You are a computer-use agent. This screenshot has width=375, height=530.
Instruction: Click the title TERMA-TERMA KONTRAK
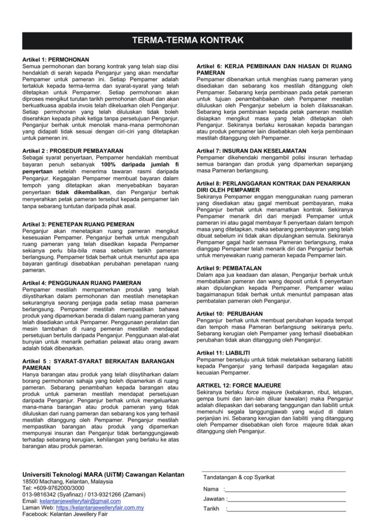tap(187, 40)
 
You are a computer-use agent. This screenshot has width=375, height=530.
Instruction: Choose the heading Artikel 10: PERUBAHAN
tap(230, 314)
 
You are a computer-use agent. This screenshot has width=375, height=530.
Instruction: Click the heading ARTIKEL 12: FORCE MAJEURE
tap(239, 385)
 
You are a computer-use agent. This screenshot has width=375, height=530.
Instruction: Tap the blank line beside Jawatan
tap(286, 499)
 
